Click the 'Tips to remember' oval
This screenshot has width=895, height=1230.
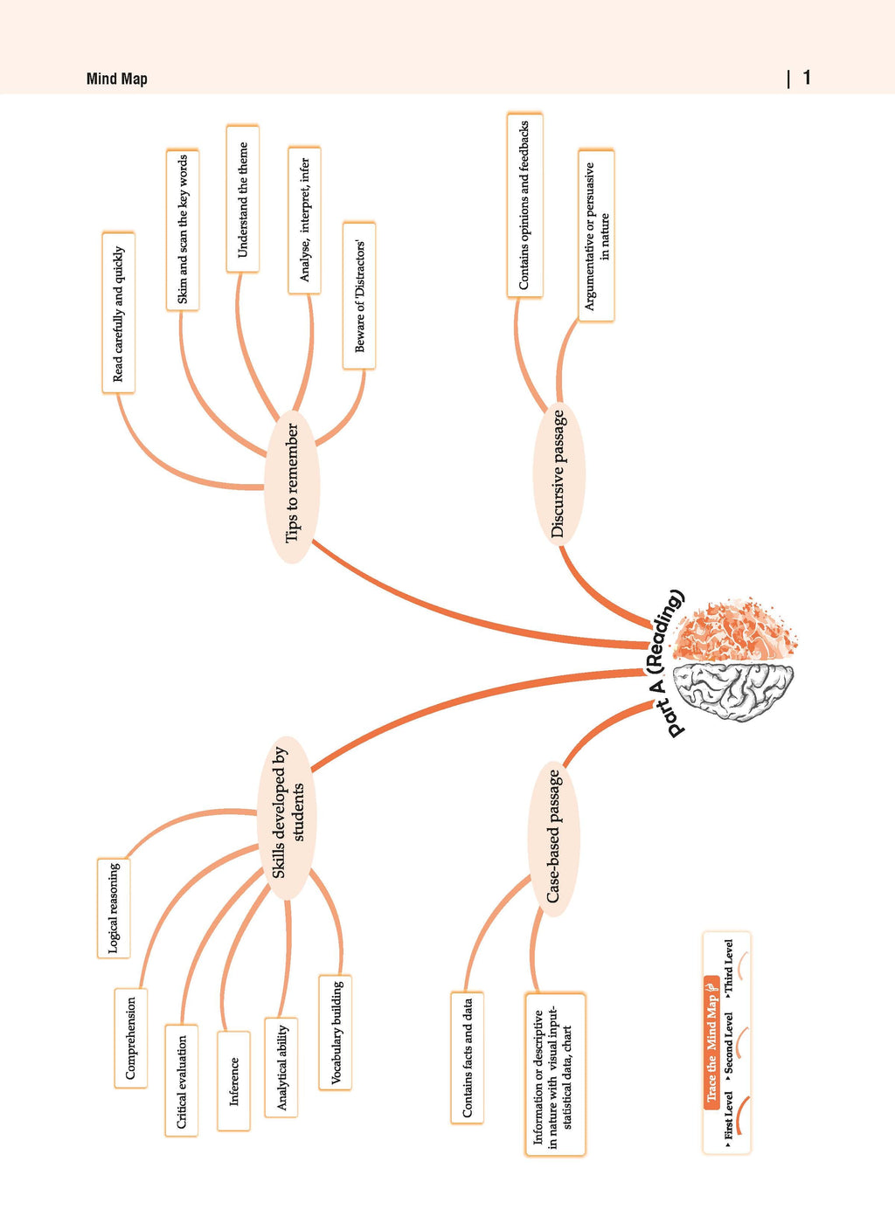pyautogui.click(x=292, y=487)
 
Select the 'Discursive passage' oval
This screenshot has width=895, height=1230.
pyautogui.click(x=559, y=473)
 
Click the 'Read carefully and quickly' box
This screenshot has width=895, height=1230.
pyautogui.click(x=118, y=313)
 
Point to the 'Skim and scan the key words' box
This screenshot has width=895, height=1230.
pyautogui.click(x=183, y=230)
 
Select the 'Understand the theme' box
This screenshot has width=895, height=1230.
pyautogui.click(x=242, y=199)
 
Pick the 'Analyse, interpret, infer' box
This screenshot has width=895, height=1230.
pyautogui.click(x=304, y=220)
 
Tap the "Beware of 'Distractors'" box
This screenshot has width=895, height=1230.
pyautogui.click(x=359, y=295)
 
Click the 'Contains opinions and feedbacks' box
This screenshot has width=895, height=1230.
pyautogui.click(x=524, y=205)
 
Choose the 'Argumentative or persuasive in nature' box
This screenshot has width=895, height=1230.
pyautogui.click(x=596, y=235)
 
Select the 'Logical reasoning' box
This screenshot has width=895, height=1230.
pyautogui.click(x=114, y=909)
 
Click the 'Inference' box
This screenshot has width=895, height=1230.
pyautogui.click(x=233, y=1081)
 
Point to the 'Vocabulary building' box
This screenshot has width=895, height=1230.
pyautogui.click(x=335, y=1033)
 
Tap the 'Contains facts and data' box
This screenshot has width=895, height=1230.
pyautogui.click(x=467, y=1058)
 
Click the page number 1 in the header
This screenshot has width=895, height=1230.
pyautogui.click(x=807, y=78)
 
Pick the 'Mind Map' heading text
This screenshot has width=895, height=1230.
pyautogui.click(x=117, y=79)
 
